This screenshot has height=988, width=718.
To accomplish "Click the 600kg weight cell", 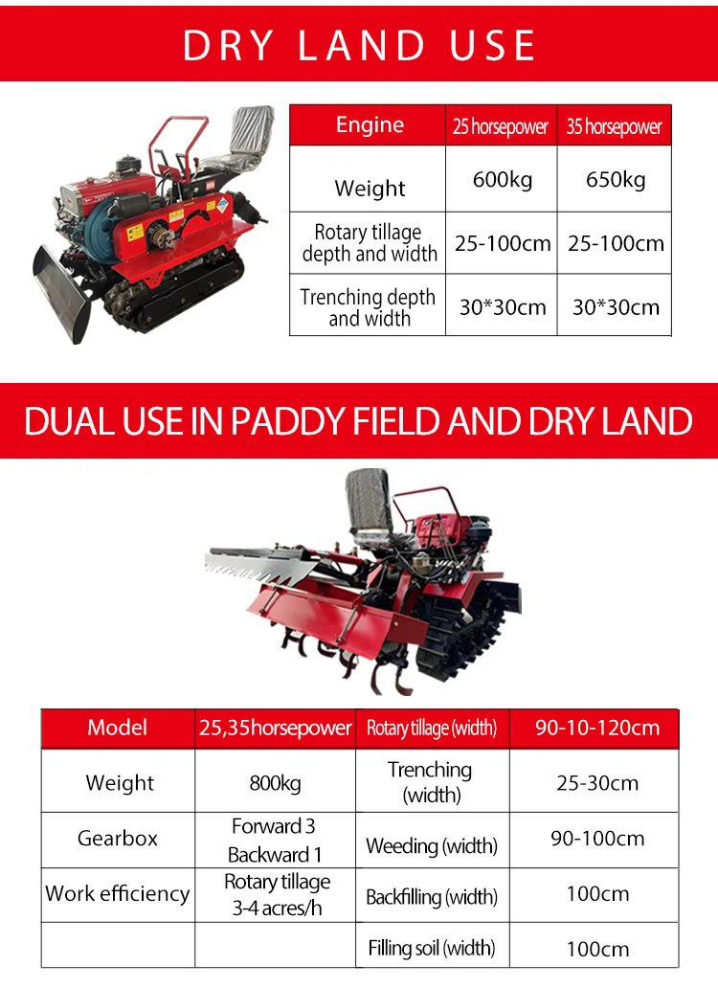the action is coord(502,180).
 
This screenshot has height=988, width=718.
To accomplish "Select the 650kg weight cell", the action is coord(615,180).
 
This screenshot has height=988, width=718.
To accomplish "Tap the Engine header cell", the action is coord(370,124).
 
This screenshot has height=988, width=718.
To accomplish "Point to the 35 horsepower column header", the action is coord(614,126).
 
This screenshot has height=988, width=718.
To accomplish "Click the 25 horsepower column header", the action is coord(501,126).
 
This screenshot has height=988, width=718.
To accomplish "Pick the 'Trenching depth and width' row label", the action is coord(369,307).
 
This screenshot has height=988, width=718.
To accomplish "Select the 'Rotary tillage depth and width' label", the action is coord(370,242).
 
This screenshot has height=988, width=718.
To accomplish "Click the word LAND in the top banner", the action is coord(362,45).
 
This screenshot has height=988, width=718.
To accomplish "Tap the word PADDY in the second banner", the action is coord(287,421).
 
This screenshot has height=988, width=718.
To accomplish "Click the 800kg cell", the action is coord(276,782).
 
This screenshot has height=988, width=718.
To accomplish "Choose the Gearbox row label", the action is coord(118,838).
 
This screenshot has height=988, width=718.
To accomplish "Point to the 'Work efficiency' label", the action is coord(118,893).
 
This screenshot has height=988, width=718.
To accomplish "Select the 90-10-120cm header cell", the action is coord(597,728).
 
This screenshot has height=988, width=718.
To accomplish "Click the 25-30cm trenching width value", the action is coord(597,782).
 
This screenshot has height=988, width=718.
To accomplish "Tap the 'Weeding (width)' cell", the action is coord(432,845).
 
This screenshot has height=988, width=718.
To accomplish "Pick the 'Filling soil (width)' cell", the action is coord(432,948).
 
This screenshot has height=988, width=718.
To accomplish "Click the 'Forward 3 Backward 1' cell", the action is coord(275,840).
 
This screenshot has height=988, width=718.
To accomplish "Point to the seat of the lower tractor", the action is coord(372,509).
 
